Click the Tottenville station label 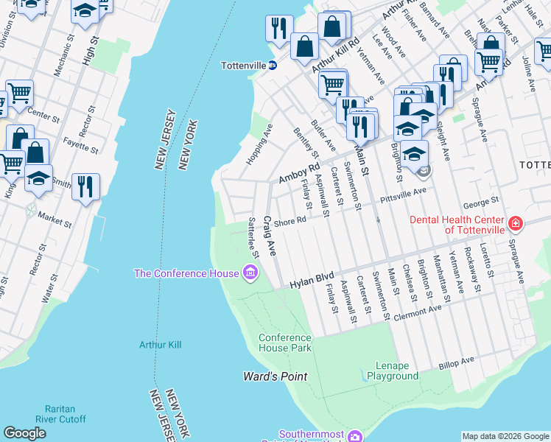click(x=243, y=66)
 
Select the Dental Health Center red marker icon click(x=515, y=222)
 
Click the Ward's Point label click(x=275, y=376)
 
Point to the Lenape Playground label click(x=393, y=371)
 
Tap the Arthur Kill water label click(x=160, y=344)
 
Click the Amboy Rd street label click(x=298, y=174)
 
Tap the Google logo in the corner click(x=24, y=433)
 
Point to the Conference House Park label click(x=284, y=343)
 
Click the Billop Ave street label click(x=457, y=362)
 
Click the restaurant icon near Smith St click(x=85, y=186)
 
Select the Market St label click(x=55, y=219)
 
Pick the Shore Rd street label click(x=289, y=222)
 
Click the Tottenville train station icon click(x=273, y=66)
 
